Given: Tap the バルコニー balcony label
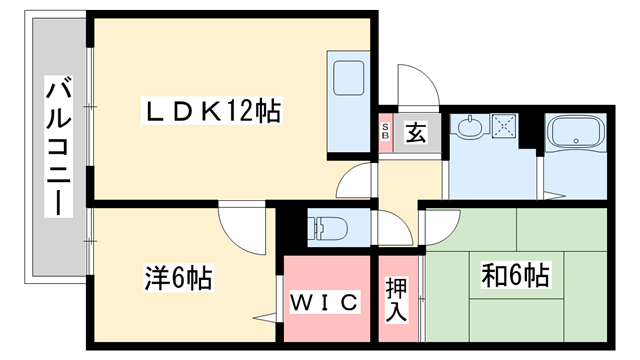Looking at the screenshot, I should coord(58,150).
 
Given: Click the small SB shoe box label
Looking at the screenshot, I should coord(386,133).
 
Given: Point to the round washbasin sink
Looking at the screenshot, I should coord(469,126).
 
